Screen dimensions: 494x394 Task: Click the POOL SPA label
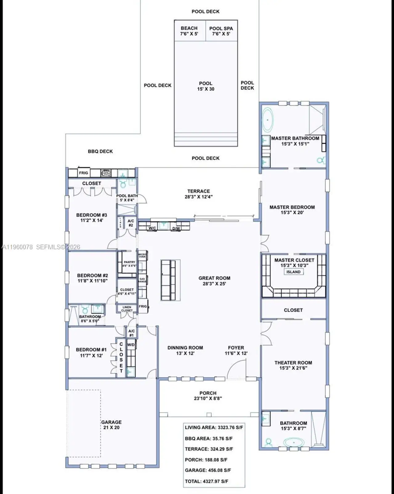[221, 31]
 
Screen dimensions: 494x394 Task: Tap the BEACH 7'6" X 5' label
[189, 31]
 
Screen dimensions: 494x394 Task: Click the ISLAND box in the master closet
[293, 272]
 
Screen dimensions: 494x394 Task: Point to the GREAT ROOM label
[214, 281]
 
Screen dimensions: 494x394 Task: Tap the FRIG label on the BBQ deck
[83, 173]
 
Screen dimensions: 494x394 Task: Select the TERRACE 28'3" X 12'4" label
[199, 194]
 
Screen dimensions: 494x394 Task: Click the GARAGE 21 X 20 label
[111, 425]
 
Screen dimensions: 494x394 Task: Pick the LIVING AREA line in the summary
[214, 428]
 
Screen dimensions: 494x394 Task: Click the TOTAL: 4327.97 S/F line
[207, 481]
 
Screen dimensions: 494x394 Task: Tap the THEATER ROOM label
[293, 365]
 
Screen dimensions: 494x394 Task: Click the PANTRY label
[129, 263]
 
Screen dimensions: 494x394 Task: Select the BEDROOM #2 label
[92, 278]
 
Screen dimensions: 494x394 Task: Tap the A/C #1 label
[131, 333]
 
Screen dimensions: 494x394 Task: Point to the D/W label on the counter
[176, 228]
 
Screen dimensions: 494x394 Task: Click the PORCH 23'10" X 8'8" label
[208, 396]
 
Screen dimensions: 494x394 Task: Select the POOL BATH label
[127, 198]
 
